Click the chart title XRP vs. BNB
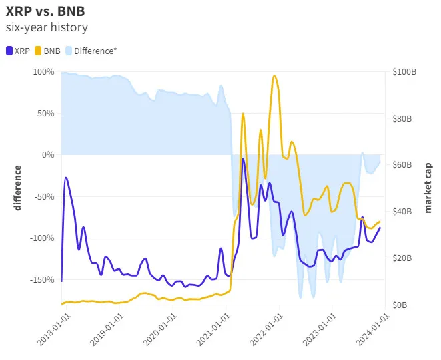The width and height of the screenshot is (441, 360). click(45, 12)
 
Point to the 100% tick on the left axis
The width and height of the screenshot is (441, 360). click(44, 71)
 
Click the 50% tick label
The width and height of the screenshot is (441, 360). click(46, 113)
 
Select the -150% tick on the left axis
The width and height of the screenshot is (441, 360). click(42, 280)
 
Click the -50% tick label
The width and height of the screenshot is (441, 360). click(45, 196)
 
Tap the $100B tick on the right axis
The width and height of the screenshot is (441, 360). click(404, 71)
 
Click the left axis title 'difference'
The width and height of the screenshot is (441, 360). click(18, 188)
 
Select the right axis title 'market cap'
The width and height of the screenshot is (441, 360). click(428, 188)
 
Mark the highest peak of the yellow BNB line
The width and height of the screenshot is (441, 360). click(274, 75)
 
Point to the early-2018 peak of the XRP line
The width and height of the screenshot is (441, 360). click(66, 178)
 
